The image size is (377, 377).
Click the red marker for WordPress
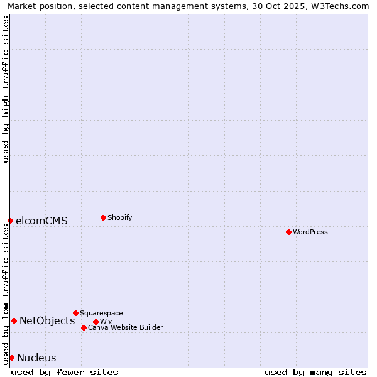pyautogui.click(x=288, y=232)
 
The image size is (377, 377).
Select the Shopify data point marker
pyautogui.click(x=103, y=217)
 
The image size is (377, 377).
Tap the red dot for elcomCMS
pyautogui.click(x=10, y=221)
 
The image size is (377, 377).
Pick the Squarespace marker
pyautogui.click(x=75, y=313)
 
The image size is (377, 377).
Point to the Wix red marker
pyautogui.click(x=96, y=322)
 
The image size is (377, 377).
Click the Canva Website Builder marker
pyautogui.click(x=84, y=327)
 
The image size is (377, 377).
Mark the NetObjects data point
pyautogui.click(x=14, y=320)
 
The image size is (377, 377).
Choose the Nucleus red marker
pyautogui.click(x=11, y=358)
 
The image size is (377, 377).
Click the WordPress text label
pyautogui.click(x=310, y=232)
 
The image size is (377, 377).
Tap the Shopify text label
pyautogui.click(x=120, y=217)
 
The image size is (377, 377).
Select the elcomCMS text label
pyautogui.click(x=41, y=221)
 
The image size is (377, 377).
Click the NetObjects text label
pyautogui.click(x=47, y=320)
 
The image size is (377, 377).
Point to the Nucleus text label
pyautogui.click(x=36, y=358)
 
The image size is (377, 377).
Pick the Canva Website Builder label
pyautogui.click(x=126, y=327)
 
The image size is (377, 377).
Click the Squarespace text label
pyautogui.click(x=102, y=313)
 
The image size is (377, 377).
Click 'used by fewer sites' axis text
pyautogui.click(x=65, y=372)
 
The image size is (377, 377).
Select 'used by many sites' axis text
pyautogui.click(x=315, y=372)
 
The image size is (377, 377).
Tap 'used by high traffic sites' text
pyautogui.click(x=6, y=89)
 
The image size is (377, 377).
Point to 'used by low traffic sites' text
pyautogui.click(x=6, y=294)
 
